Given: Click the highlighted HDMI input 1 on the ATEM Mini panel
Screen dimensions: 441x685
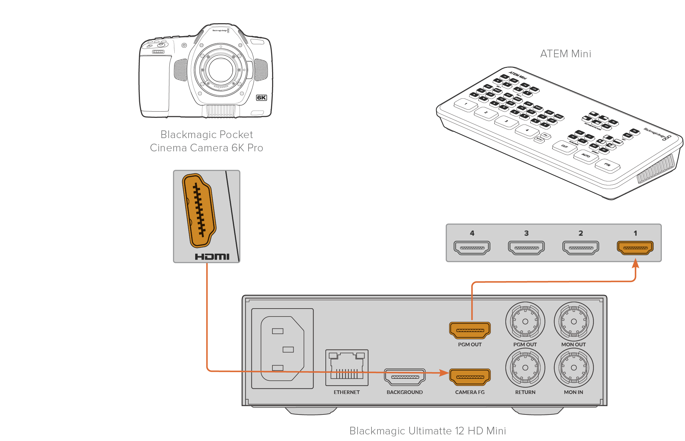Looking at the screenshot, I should click(x=635, y=247).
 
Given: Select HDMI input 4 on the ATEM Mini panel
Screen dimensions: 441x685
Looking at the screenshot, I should click(x=472, y=247).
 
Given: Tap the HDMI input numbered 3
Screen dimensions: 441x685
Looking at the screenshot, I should click(x=526, y=247).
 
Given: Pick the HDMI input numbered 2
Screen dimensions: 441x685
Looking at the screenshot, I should click(x=581, y=247).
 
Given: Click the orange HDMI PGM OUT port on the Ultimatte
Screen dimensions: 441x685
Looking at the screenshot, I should click(x=470, y=330).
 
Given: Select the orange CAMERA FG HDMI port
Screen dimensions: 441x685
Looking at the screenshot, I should click(x=470, y=377).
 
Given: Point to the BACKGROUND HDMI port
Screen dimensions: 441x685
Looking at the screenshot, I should click(x=405, y=377).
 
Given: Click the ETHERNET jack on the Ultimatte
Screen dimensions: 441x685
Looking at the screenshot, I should click(x=347, y=367).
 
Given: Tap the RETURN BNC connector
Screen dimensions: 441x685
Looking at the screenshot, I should click(x=525, y=367).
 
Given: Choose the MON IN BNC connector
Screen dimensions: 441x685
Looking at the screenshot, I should click(x=574, y=367).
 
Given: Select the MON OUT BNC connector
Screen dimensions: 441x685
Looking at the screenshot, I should click(x=574, y=321).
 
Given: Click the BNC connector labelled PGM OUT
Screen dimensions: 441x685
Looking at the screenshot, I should click(x=525, y=321).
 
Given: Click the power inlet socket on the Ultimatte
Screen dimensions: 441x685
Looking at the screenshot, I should click(x=282, y=348).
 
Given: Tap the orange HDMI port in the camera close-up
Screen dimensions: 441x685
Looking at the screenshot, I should click(x=199, y=211).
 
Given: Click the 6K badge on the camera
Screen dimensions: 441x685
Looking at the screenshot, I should click(x=261, y=98).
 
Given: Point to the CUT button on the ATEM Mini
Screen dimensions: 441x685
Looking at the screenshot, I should click(x=564, y=146).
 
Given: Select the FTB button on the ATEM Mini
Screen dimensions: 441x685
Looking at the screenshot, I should click(x=607, y=165).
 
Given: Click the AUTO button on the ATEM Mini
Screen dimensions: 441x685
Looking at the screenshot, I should click(x=586, y=156).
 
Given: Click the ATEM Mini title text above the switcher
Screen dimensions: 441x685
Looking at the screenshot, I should click(x=565, y=54).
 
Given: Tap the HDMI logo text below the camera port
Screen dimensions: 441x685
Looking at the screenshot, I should click(x=212, y=257).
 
